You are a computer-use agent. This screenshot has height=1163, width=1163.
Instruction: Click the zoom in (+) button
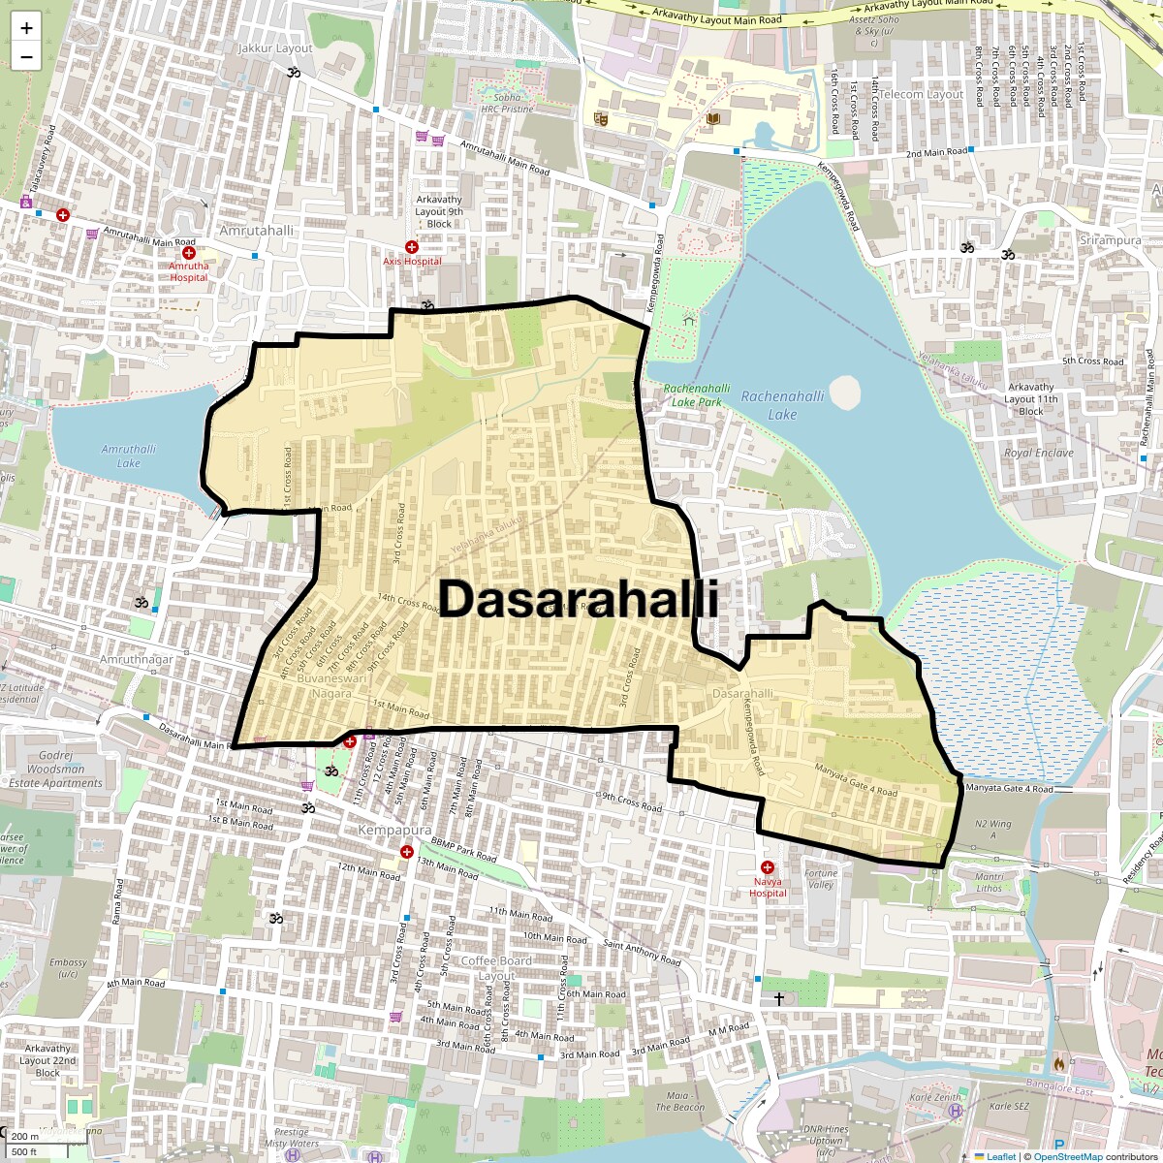[x=26, y=28]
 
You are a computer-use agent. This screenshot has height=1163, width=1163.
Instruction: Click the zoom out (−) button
[x=26, y=56]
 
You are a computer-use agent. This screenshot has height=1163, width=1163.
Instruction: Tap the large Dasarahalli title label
[x=579, y=599]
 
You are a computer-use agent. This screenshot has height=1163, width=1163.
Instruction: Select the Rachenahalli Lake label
[x=782, y=405]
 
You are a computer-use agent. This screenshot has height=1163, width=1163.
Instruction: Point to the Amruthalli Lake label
[x=129, y=456]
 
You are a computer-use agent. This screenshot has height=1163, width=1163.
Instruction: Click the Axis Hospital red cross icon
[x=412, y=248]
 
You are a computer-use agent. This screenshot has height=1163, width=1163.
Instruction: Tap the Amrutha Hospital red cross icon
[x=189, y=252]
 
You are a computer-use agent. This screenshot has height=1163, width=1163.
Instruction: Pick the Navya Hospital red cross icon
[x=768, y=868]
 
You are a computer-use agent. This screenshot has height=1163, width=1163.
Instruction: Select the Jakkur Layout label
[x=275, y=48]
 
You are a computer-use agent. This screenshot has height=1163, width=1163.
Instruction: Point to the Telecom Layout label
[x=921, y=94]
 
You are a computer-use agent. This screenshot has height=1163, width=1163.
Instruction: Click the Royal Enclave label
[x=1039, y=453]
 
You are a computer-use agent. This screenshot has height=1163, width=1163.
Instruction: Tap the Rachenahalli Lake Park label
[x=697, y=394]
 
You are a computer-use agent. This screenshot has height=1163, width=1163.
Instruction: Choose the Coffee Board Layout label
[x=496, y=968]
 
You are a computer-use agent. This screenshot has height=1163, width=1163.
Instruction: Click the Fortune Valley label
[x=820, y=879]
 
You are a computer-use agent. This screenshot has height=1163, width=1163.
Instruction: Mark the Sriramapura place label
[x=1111, y=239]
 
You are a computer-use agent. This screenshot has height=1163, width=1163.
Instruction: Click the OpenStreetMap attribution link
[x=1067, y=1156]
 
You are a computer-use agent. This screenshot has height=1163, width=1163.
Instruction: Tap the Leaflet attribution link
[x=1001, y=1156]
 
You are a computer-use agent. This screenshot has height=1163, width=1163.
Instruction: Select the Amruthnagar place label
[x=137, y=659]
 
